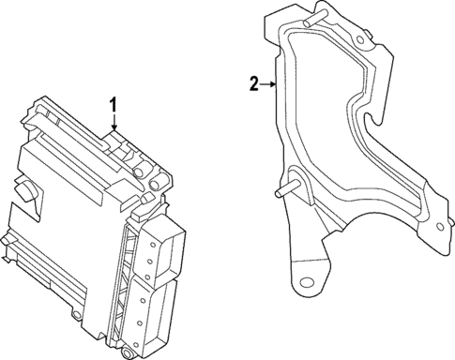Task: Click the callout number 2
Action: point(253,84)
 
